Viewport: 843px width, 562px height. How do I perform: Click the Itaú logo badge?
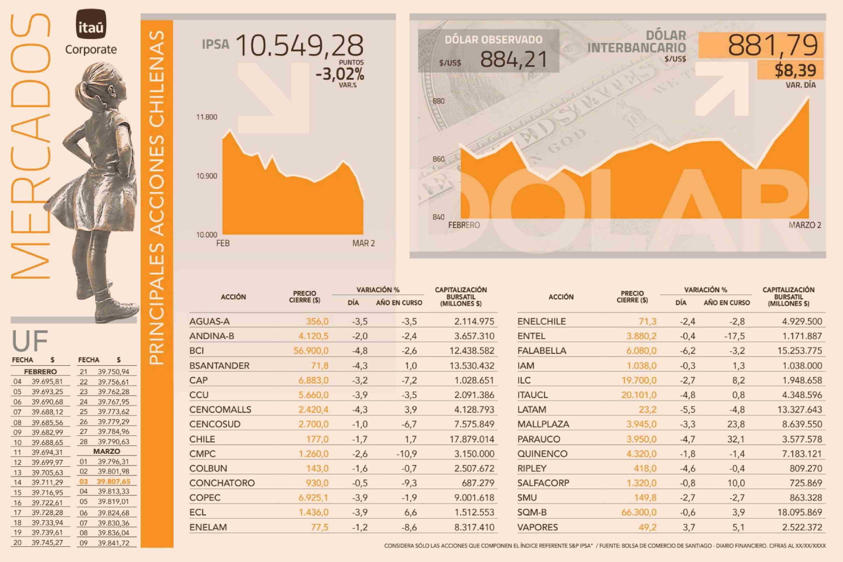point(91,24)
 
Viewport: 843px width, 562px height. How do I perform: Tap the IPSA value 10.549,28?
point(300,46)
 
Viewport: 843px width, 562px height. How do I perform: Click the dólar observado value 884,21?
point(513,60)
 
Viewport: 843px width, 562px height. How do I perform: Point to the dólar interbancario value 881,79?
point(773,46)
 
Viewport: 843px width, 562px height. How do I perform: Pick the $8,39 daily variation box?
point(795,70)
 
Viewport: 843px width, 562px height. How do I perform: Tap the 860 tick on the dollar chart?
point(438,159)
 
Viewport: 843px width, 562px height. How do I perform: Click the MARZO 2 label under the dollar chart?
point(805,225)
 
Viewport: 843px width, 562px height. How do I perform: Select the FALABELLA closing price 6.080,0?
point(641,350)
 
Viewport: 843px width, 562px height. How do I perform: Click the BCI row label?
point(197,350)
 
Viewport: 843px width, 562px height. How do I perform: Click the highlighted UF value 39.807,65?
point(113,481)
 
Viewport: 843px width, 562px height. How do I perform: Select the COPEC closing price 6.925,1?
point(313,497)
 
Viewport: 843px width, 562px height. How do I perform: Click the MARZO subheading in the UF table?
point(107,451)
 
